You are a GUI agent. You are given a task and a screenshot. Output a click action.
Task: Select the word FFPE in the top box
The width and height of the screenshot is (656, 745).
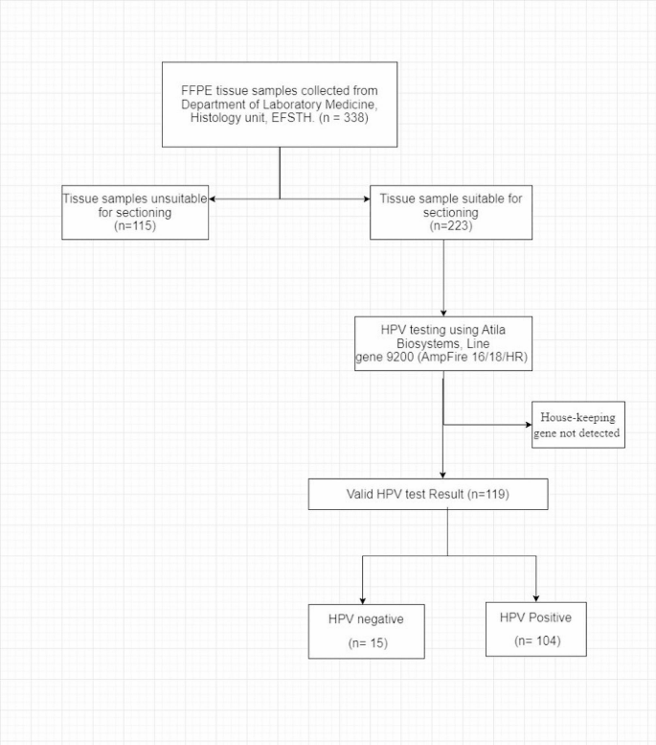[x=197, y=90]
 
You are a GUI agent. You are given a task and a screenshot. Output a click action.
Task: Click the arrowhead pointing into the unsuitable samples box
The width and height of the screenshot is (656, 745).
[x=213, y=198]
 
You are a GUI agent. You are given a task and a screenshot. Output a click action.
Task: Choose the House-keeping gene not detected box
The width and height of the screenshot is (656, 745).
[x=577, y=425]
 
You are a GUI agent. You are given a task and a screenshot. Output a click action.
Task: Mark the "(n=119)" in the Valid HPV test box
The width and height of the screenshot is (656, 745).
[x=485, y=495]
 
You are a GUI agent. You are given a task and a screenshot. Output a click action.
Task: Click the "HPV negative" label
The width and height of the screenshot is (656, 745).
[x=366, y=618]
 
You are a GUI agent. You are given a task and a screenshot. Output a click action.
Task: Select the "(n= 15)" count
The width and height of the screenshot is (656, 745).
[x=366, y=642]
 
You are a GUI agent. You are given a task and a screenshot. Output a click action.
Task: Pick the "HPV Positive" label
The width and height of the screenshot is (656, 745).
[x=535, y=616]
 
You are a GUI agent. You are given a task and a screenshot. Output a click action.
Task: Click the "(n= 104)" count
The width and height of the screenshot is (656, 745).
[x=535, y=640]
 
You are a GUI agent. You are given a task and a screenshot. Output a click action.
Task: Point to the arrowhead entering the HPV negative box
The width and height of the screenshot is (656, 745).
[x=362, y=599]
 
